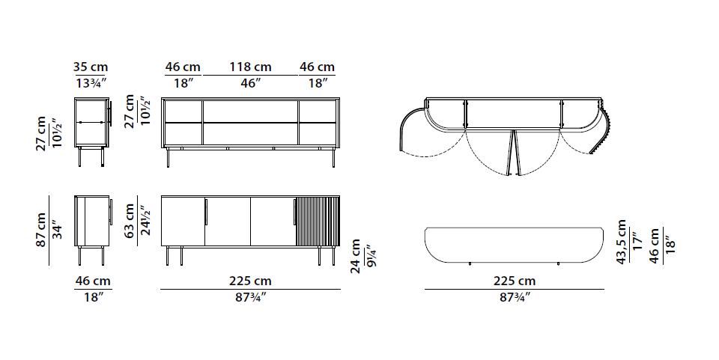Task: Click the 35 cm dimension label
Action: pos(91,67)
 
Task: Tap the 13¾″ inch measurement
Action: pos(91,83)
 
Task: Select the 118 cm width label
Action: pos(250,67)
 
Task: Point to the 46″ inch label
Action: pos(251,83)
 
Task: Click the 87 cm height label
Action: pos(41,230)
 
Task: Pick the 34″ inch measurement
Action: pos(58,230)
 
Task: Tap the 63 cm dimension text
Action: pos(130,222)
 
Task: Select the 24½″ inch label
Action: pos(145,222)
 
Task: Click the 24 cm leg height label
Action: pos(355,256)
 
